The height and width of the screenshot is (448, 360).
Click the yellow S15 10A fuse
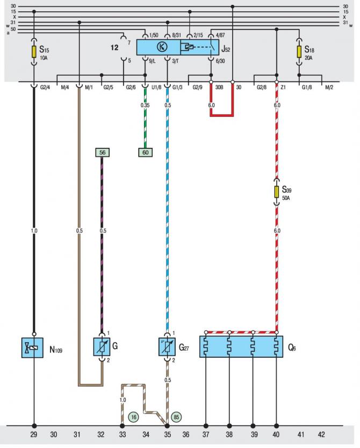(x=34, y=52)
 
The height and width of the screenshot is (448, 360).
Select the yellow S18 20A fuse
(x=299, y=52)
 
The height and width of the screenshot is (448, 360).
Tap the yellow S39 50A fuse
(x=276, y=191)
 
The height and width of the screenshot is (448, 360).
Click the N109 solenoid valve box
(x=32, y=348)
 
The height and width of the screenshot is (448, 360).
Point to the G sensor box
(x=102, y=346)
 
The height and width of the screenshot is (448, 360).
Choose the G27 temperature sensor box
(x=167, y=346)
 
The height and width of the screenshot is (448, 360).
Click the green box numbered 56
(x=102, y=152)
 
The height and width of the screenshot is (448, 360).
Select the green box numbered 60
(x=145, y=152)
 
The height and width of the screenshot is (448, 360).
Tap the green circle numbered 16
(x=133, y=417)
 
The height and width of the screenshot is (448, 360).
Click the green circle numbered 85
(x=176, y=417)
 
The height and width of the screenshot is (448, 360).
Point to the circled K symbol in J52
(x=162, y=47)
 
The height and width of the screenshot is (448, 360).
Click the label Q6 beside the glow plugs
(x=292, y=348)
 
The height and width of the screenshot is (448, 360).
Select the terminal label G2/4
(x=45, y=88)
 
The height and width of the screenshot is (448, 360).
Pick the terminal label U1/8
(x=156, y=88)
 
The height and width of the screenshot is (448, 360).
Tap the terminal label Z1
(x=283, y=88)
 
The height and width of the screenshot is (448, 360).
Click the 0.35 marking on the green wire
(x=145, y=105)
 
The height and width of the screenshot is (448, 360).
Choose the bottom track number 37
(x=206, y=435)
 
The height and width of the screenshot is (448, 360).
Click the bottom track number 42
(x=321, y=435)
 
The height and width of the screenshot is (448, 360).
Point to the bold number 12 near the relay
(x=114, y=47)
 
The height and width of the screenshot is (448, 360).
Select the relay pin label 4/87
(x=220, y=35)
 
